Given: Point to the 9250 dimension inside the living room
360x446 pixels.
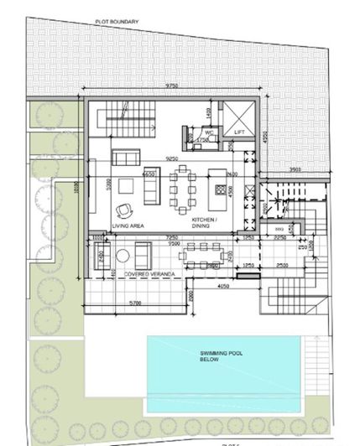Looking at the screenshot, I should [175, 158].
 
